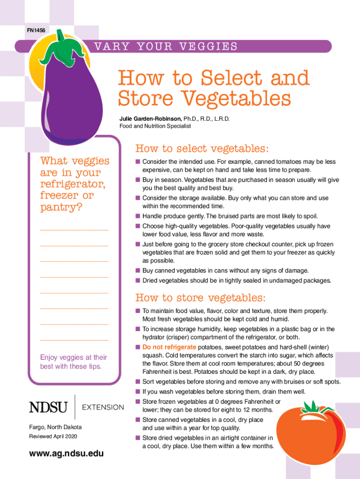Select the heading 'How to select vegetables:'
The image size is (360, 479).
point(202,149)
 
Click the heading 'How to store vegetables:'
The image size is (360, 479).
point(201,298)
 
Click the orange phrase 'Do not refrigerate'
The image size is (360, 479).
point(169,347)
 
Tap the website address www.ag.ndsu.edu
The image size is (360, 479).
point(66,454)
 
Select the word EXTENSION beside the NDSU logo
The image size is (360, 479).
point(103,407)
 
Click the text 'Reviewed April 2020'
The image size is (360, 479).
point(53,436)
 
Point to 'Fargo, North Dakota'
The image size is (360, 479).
point(55,428)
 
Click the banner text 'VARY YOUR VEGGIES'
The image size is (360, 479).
point(166,47)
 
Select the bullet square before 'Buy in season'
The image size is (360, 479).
point(138,180)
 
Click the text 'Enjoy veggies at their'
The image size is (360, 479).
point(74,357)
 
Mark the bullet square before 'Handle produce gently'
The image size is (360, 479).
point(138,216)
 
